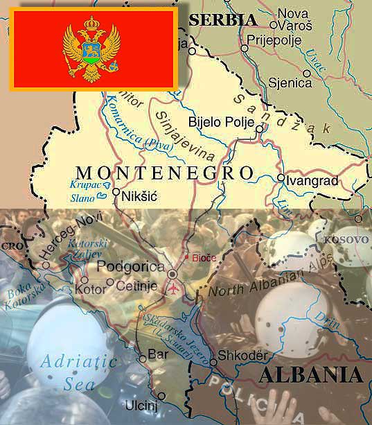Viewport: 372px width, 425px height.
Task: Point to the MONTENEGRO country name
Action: tap(163, 172)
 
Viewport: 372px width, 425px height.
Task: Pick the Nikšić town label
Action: tap(139, 197)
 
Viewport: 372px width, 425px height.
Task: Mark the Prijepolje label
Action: tap(275, 40)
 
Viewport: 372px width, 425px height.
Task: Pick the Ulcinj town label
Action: tap(141, 405)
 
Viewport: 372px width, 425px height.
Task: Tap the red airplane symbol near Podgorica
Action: tap(169, 286)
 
